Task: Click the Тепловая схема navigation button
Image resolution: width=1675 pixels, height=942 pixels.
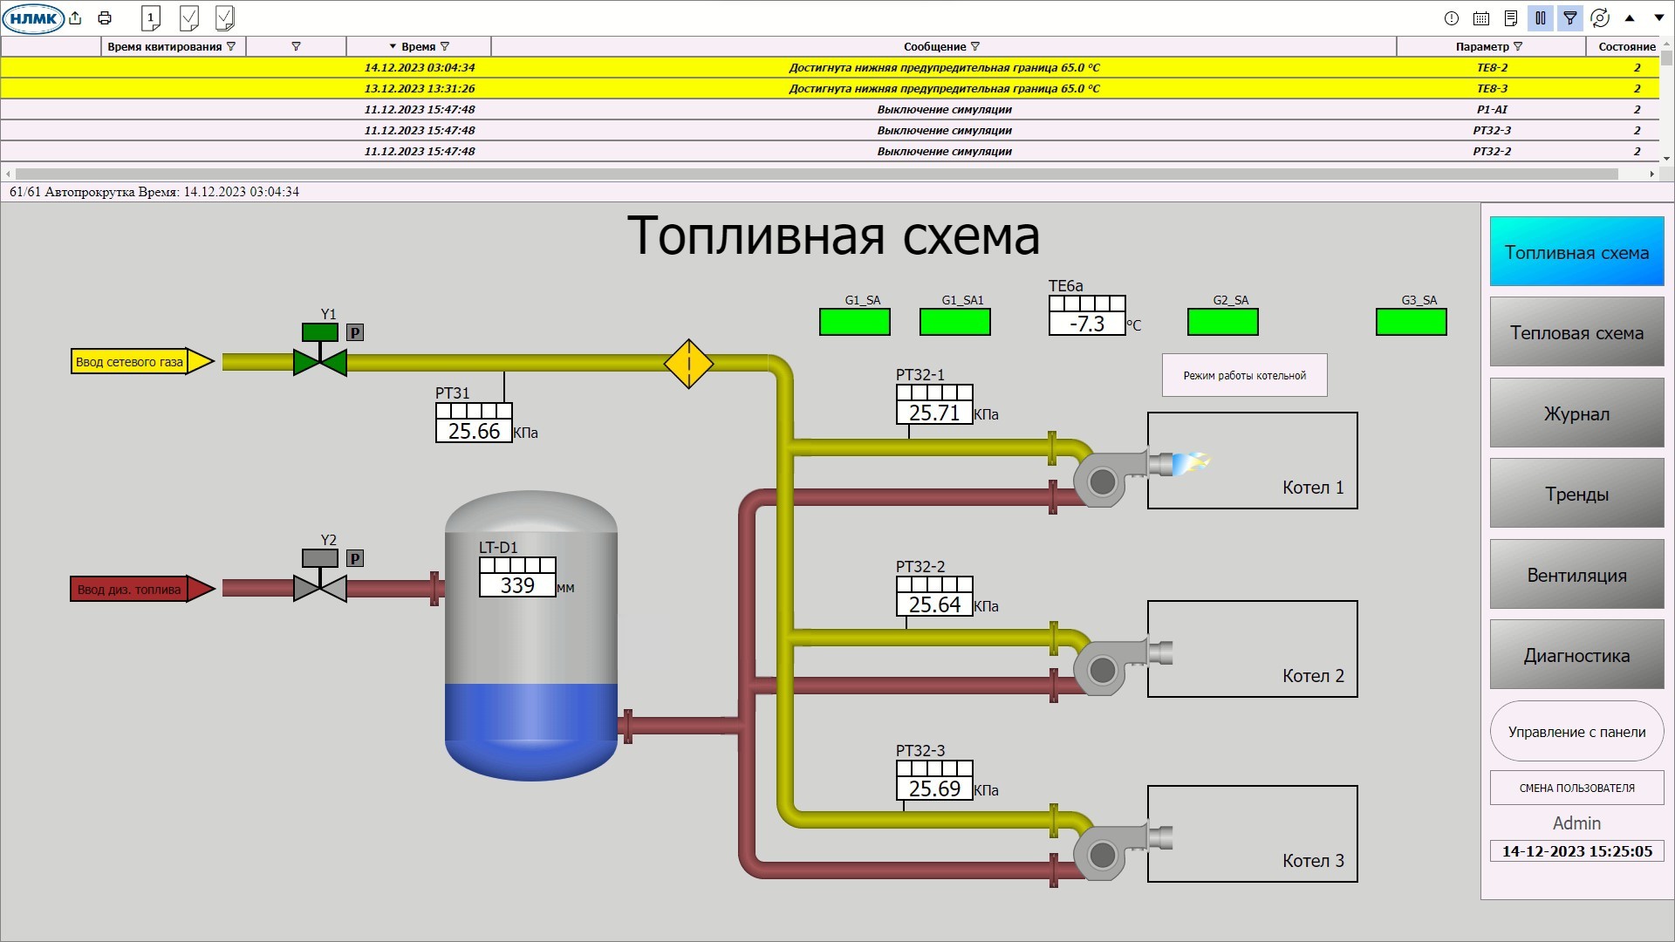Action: pos(1576,332)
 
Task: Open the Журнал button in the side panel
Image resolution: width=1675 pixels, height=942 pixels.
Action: pos(1576,413)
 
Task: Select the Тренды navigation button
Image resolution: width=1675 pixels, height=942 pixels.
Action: pos(1576,494)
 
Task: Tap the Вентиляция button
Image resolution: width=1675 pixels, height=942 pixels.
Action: pos(1576,575)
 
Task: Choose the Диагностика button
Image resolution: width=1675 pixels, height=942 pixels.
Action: pos(1576,655)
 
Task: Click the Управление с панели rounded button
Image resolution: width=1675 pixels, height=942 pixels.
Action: pos(1576,732)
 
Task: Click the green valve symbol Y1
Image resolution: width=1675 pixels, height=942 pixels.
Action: pos(320,362)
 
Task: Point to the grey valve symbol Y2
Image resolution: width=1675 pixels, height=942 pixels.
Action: pos(320,589)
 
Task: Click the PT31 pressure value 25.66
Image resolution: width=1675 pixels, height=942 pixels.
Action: pos(474,431)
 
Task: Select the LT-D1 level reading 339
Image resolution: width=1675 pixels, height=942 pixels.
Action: pos(517,585)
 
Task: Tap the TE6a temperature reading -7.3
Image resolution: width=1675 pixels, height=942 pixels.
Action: pos(1087,324)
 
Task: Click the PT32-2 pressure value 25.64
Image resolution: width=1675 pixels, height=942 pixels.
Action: pos(934,604)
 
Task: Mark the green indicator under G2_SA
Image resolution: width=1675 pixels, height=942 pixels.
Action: pos(1222,322)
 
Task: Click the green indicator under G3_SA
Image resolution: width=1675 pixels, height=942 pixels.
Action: pos(1411,322)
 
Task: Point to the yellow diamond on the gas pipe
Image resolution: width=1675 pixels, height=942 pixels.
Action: pos(688,364)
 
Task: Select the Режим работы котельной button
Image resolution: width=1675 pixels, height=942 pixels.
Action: pos(1244,375)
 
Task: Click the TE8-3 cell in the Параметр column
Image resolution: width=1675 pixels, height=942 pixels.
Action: pos(1492,88)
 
